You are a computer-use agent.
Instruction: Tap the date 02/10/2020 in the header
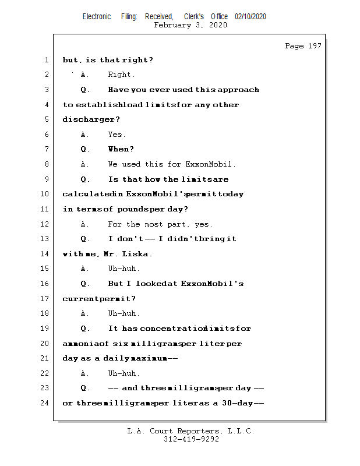pyautogui.click(x=250, y=17)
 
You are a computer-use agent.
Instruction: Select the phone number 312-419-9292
pyautogui.click(x=191, y=440)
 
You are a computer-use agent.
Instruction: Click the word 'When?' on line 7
pyautogui.click(x=121, y=149)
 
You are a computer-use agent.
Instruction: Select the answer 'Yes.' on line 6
pyautogui.click(x=117, y=135)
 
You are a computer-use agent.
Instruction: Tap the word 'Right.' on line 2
pyautogui.click(x=121, y=75)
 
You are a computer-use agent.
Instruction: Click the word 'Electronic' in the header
pyautogui.click(x=97, y=17)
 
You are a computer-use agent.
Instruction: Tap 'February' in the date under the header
pyautogui.click(x=173, y=25)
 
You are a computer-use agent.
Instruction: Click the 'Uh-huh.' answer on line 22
pyautogui.click(x=123, y=373)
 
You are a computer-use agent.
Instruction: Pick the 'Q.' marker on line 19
pyautogui.click(x=86, y=329)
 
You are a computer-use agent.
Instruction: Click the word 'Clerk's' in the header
pyautogui.click(x=195, y=17)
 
